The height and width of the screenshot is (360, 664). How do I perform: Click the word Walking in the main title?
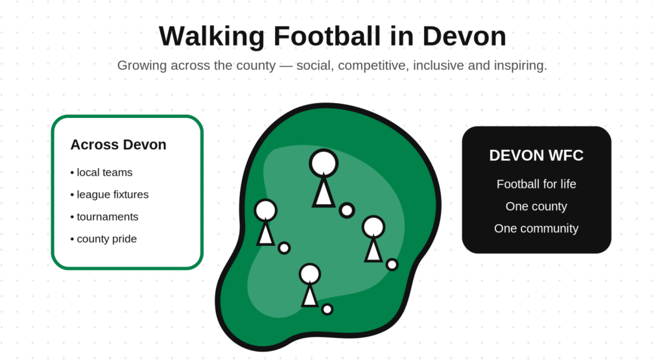(212, 37)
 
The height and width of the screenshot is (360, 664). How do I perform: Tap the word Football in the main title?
(327, 36)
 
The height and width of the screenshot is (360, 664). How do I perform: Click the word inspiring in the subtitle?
(520, 66)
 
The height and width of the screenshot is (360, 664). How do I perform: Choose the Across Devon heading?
(118, 145)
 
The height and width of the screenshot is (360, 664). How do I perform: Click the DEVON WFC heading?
(536, 156)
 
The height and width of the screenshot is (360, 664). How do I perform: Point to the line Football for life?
(536, 184)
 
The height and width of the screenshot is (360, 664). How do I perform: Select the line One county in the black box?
(536, 206)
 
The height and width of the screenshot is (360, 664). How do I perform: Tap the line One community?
(536, 228)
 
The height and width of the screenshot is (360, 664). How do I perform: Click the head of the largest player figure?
(324, 163)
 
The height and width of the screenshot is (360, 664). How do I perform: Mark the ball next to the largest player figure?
(347, 210)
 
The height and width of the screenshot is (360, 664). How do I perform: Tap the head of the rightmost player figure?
(373, 226)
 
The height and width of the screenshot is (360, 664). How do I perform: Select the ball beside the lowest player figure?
(327, 309)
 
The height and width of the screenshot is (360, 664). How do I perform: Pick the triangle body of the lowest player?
(309, 296)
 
